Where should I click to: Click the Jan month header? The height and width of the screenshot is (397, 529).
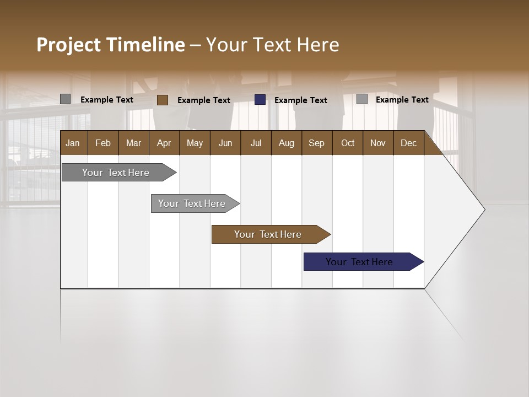[x=73, y=143]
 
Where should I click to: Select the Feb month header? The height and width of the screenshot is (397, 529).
[x=103, y=143]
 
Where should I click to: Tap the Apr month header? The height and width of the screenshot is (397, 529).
[x=164, y=143]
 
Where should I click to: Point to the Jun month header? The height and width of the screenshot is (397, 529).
[x=225, y=143]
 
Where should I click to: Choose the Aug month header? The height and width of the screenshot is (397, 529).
[x=286, y=143]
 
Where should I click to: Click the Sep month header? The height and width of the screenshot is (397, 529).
[x=316, y=143]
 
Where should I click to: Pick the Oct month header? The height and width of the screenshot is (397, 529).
[x=348, y=143]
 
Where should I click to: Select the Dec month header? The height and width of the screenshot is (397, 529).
[x=408, y=143]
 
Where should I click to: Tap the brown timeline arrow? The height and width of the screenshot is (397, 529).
[x=268, y=234]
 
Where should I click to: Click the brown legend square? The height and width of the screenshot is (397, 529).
[x=162, y=100]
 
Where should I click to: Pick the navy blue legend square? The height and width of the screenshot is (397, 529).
[x=260, y=99]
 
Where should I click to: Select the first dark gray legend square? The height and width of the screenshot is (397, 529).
[x=65, y=99]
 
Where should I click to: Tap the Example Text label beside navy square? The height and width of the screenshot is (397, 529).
[x=300, y=100]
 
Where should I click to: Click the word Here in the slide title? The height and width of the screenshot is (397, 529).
[x=317, y=45]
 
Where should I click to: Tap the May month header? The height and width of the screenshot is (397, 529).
[x=195, y=143]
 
